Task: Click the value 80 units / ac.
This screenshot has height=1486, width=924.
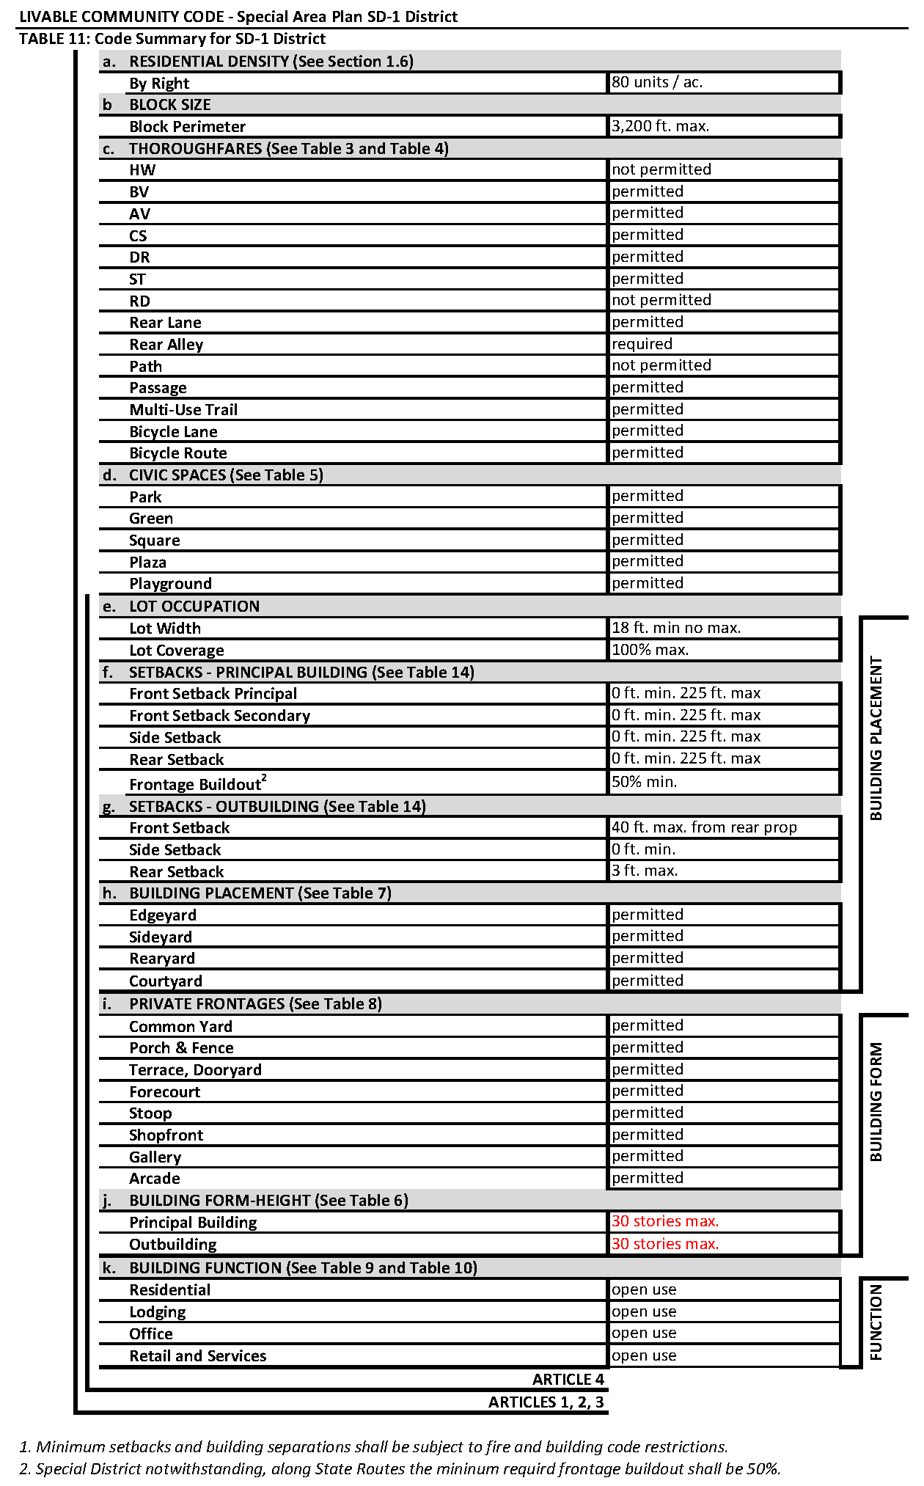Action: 657,82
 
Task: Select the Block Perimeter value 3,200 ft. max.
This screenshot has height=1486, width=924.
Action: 660,126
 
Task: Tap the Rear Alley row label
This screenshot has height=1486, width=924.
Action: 166,345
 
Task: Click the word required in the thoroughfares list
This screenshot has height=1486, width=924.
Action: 642,344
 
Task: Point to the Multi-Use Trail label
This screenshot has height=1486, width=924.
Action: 183,410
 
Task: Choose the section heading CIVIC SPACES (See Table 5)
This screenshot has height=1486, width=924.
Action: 226,475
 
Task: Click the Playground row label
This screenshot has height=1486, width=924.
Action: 170,584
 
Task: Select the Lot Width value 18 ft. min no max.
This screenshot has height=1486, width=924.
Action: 676,628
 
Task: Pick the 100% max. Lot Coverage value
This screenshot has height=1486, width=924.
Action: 650,650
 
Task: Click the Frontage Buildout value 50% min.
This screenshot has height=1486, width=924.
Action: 644,782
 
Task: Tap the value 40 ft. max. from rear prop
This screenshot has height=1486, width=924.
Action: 704,827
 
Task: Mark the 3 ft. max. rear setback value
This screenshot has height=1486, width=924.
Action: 645,871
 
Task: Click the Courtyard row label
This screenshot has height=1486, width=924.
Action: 166,981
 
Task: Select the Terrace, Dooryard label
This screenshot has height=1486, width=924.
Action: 195,1070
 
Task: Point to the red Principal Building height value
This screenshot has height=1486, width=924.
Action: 665,1221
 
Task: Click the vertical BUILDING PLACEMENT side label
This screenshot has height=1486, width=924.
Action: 876,738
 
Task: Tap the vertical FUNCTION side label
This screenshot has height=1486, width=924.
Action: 876,1322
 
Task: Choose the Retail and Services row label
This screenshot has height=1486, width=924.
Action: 198,1356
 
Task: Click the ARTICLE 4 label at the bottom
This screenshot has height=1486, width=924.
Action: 568,1380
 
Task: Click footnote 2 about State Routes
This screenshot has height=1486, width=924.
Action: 400,1469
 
